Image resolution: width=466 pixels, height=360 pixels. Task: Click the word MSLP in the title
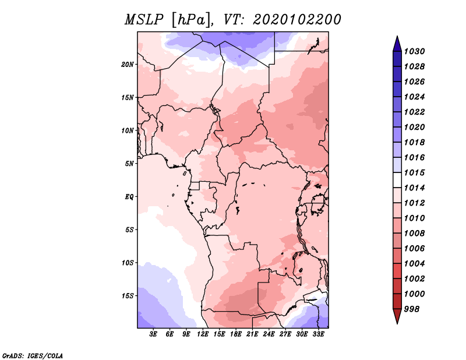point(144,20)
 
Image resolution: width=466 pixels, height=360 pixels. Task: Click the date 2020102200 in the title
point(297,20)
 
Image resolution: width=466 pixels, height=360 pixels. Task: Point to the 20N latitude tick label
point(128,65)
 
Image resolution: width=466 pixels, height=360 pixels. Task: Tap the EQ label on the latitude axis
point(129,197)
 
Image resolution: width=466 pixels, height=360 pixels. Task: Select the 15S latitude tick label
point(128,296)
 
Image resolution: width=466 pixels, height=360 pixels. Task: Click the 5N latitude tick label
point(129,164)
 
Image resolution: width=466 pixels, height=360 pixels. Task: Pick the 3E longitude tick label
point(153,334)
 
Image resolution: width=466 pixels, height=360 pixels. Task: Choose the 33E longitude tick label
point(318,334)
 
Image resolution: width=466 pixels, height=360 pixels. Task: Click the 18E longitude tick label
point(236,334)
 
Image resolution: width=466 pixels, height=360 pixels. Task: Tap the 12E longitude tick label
point(203,334)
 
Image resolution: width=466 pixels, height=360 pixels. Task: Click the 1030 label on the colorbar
point(414,51)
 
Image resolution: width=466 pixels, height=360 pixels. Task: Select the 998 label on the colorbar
point(412,309)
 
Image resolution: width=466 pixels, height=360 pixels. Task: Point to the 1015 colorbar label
point(414,172)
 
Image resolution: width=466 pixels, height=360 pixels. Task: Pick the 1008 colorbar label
point(414,234)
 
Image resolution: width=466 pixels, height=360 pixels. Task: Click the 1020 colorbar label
point(414,127)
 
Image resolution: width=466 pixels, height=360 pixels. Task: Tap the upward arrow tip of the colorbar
point(397,36)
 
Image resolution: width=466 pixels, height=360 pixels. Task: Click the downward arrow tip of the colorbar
point(397,324)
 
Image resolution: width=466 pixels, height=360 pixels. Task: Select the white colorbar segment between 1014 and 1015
point(397,180)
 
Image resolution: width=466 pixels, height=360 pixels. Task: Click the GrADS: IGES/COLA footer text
point(33,355)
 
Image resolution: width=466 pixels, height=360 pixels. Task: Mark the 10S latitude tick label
point(128,263)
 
